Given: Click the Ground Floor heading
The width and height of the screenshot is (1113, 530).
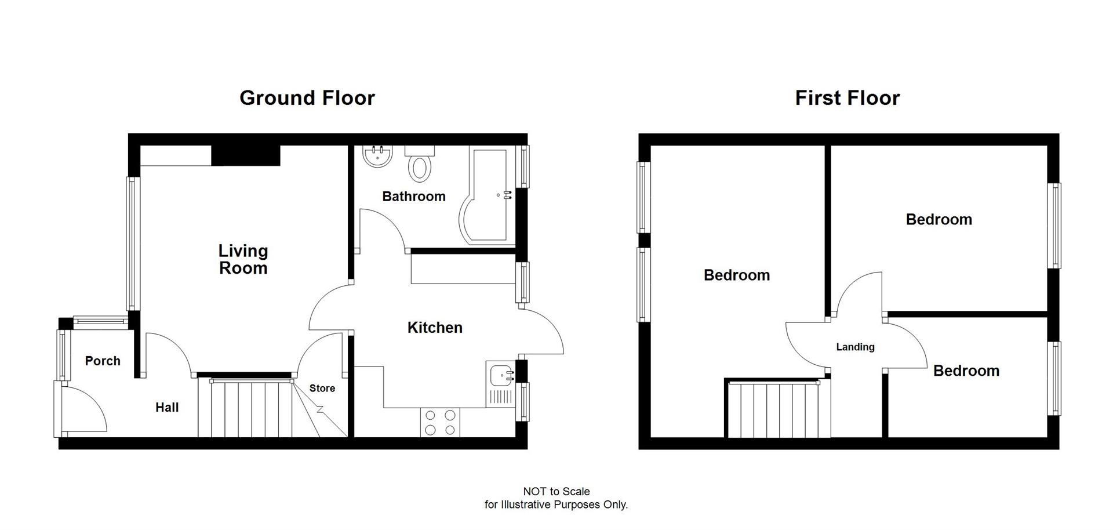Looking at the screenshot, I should (307, 98).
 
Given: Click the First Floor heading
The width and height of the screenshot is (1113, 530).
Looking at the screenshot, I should (847, 98).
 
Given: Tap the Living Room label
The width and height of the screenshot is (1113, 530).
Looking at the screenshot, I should (243, 259).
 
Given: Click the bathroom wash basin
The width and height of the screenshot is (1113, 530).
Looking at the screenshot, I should (377, 155).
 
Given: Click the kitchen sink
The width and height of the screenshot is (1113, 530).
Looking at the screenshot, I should (500, 375).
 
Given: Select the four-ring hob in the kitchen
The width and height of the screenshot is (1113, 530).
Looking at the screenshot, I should (440, 423).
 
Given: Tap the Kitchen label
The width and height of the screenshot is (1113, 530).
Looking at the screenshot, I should (435, 328).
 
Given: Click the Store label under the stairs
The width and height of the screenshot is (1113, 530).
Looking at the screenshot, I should (322, 389).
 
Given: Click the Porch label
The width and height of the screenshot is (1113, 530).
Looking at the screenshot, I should (103, 361).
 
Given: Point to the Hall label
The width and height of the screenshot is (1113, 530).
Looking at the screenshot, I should (167, 408).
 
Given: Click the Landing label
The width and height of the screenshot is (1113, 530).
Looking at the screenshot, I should (855, 347).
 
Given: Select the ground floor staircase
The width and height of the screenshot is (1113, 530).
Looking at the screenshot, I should (249, 409).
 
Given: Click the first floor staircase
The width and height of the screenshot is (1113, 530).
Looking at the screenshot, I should (774, 409).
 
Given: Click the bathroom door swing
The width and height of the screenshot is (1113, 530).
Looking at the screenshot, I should (380, 229).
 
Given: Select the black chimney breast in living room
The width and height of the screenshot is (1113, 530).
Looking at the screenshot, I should (245, 155).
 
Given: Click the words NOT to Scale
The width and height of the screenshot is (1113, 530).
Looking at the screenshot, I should (556, 492).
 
